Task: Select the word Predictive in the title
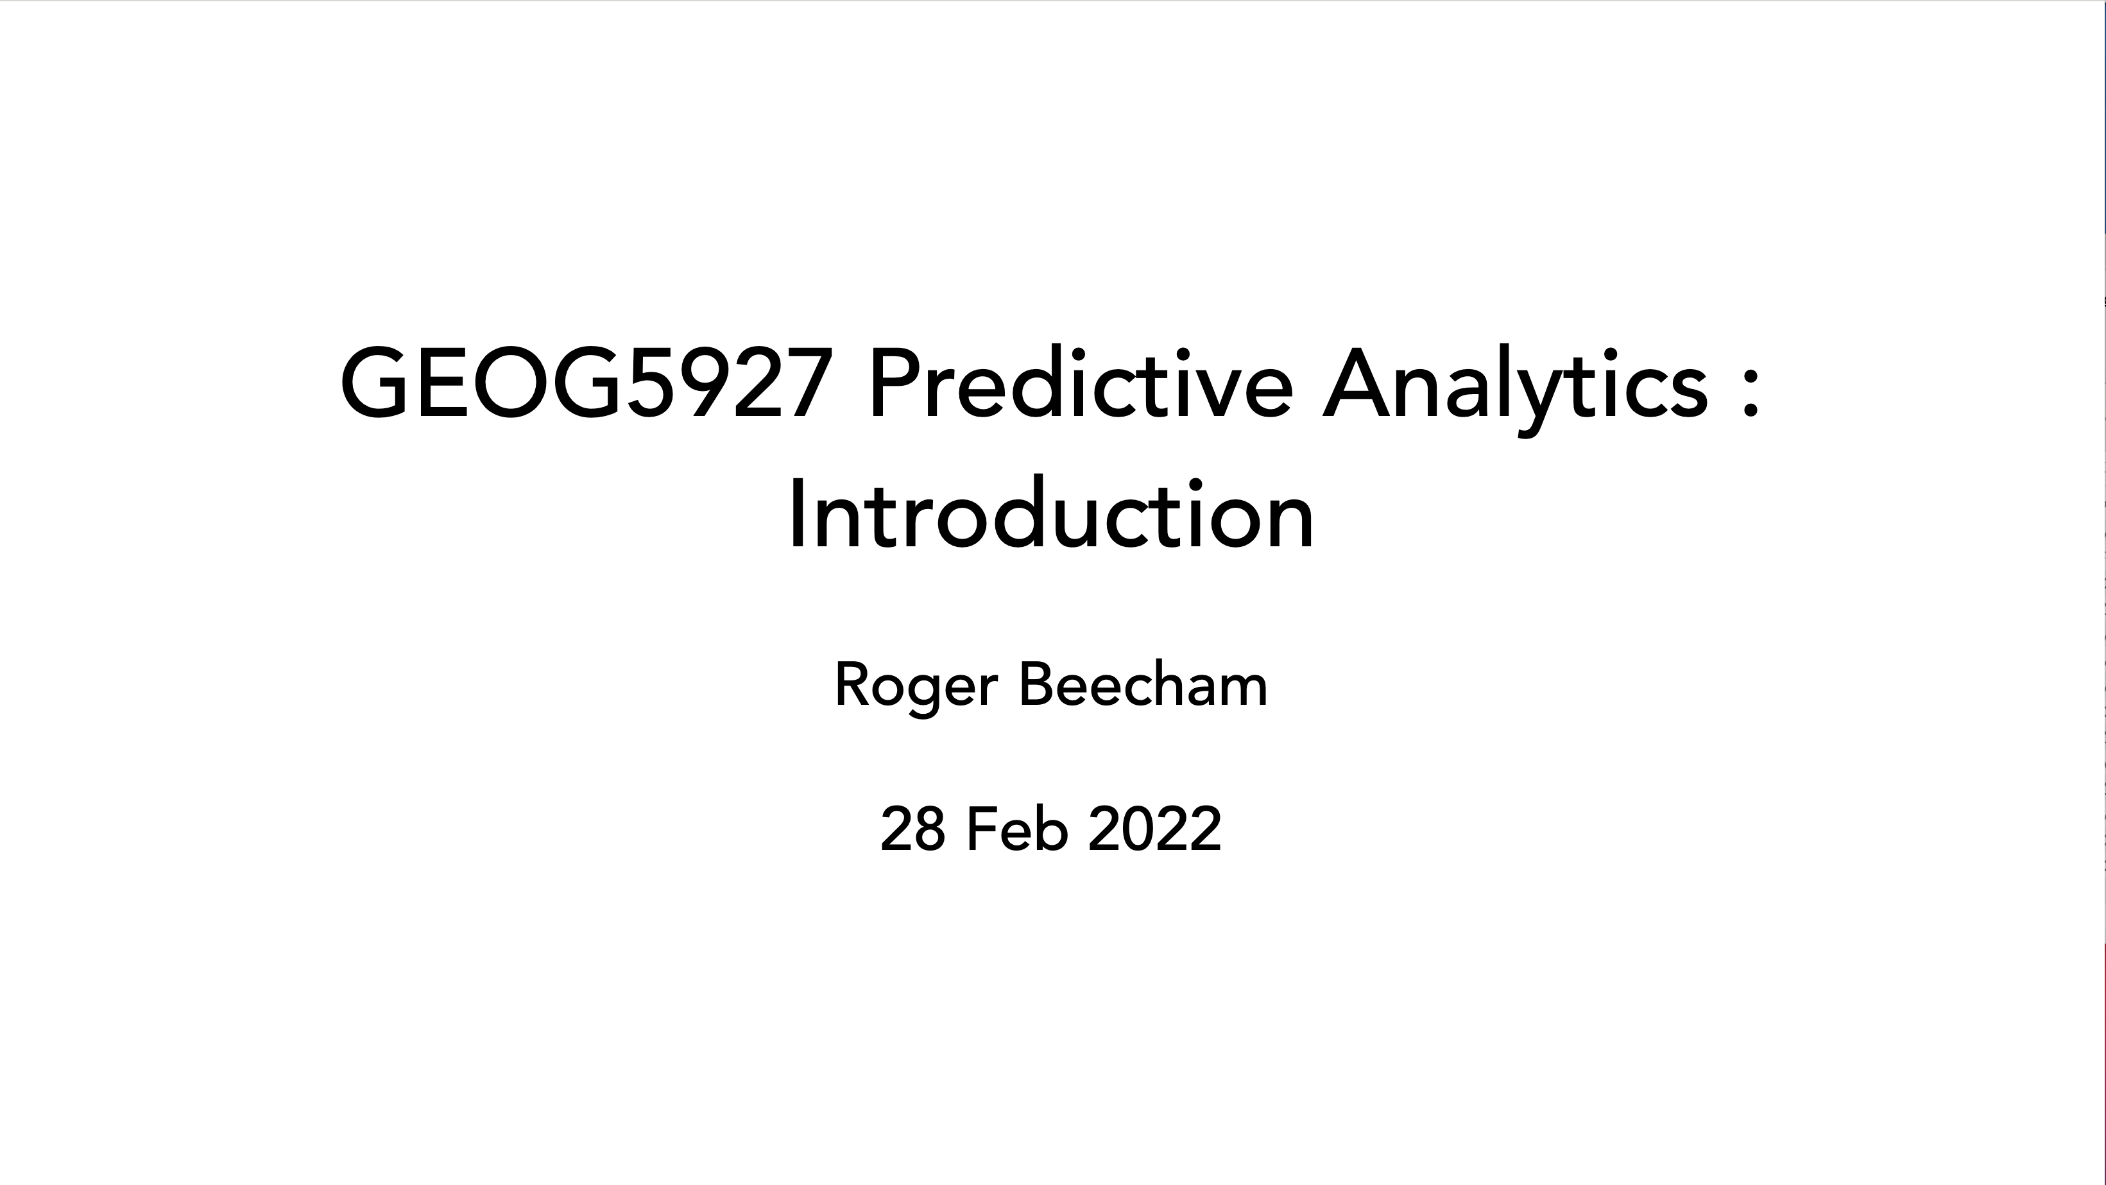click(1083, 381)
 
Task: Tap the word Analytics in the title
click(1515, 389)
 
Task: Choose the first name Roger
click(916, 687)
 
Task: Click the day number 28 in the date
click(912, 829)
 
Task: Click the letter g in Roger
click(925, 695)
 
